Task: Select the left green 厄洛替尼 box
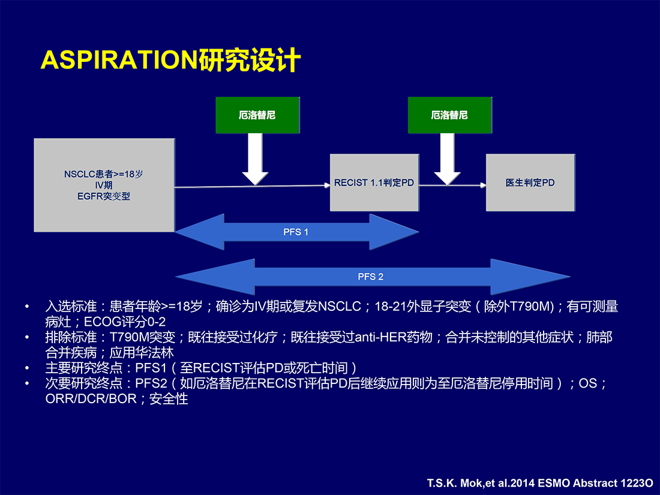(257, 115)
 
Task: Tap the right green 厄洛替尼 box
(449, 115)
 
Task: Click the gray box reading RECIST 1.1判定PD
(374, 182)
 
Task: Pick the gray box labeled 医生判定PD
(530, 182)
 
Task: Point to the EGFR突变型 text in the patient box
(104, 197)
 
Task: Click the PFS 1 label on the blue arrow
(295, 232)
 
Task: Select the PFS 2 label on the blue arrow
(370, 277)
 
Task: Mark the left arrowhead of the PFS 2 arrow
(215, 277)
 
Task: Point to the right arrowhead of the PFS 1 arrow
(394, 232)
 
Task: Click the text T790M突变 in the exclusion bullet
(142, 338)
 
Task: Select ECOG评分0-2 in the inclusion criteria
(125, 322)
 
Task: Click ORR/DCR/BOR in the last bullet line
(91, 398)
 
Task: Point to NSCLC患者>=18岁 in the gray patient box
(104, 174)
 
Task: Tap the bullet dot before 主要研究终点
(28, 368)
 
